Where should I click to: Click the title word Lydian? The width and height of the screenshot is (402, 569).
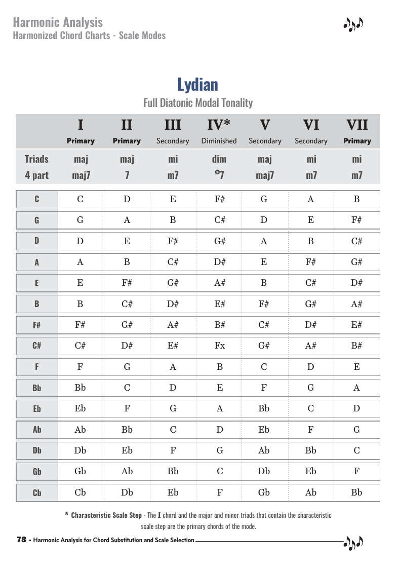pos(197,84)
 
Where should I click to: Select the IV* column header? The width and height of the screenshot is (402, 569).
pos(219,125)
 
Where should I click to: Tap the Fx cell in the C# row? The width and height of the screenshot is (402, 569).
pos(219,346)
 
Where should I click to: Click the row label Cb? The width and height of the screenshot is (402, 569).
pos(37,492)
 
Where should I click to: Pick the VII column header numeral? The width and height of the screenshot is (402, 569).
pos(357,125)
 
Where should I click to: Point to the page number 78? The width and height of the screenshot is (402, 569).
pos(21,540)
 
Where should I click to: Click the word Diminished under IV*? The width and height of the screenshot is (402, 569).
pos(219,141)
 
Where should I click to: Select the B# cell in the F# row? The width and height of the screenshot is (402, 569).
pos(219,325)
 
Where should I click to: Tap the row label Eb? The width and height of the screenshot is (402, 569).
pos(37,409)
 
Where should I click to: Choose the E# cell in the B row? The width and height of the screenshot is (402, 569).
pos(219,304)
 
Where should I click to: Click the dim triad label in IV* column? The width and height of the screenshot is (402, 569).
pos(219,159)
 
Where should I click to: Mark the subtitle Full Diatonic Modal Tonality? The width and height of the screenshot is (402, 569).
pos(197,103)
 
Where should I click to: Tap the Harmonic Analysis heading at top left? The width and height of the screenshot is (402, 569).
pos(58,22)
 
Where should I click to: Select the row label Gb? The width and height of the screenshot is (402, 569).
pos(37,472)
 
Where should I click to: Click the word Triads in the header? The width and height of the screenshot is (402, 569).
pos(36,159)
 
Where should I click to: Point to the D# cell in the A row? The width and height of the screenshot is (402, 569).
pos(219,262)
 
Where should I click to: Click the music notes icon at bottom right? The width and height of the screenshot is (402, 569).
pos(353,543)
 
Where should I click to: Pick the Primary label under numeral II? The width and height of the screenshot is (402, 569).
pos(127,141)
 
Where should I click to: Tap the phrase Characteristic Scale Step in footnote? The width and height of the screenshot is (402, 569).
pos(106,515)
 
